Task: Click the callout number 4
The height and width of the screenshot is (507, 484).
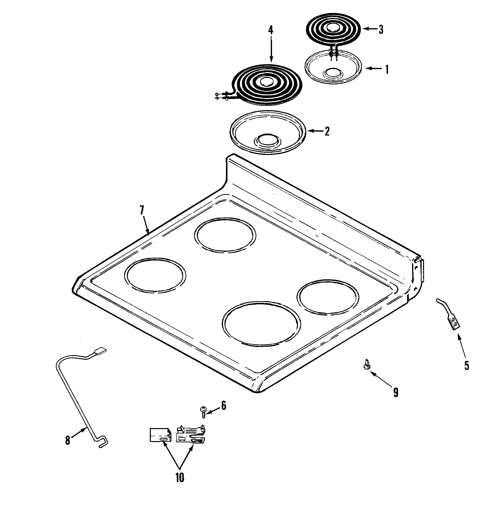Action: [270, 30]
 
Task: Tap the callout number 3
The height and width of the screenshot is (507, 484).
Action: [381, 30]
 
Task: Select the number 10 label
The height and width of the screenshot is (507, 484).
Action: [180, 477]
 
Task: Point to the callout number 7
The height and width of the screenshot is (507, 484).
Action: [142, 210]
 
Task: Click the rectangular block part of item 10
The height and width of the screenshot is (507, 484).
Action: [160, 435]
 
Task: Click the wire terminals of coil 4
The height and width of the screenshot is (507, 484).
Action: [219, 96]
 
